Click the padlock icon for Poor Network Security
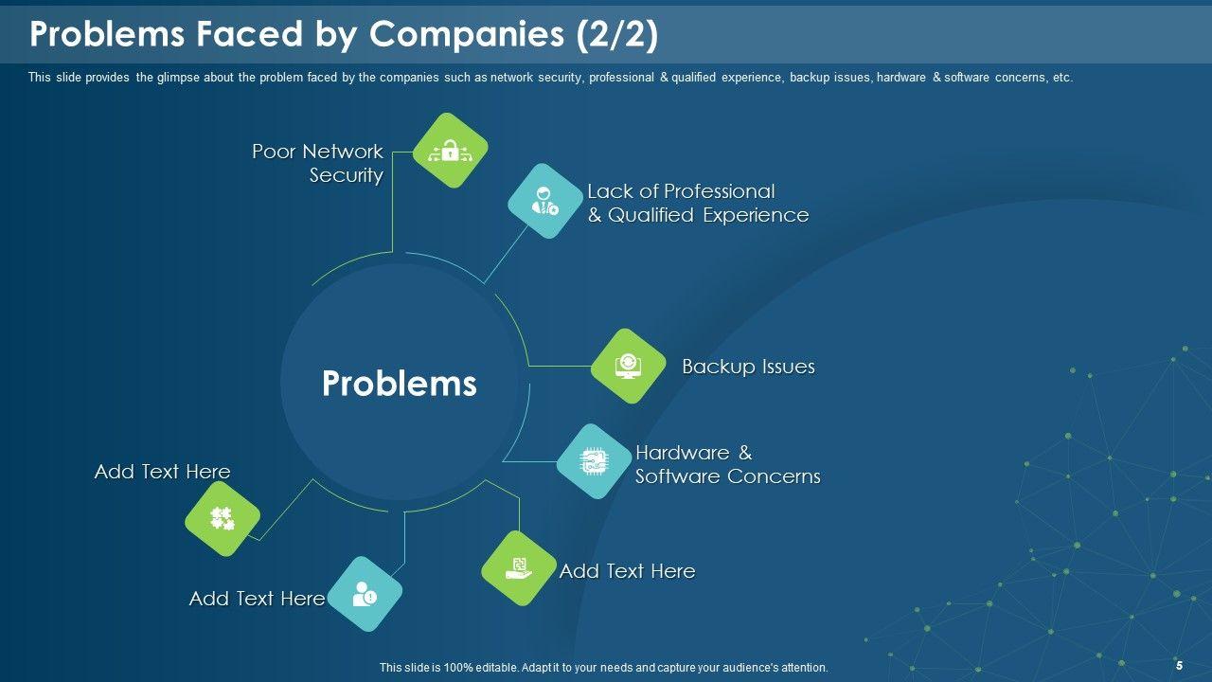click(451, 151)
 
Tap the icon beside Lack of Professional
click(545, 201)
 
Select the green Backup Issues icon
click(628, 366)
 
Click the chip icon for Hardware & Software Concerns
click(594, 461)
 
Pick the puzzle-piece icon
click(222, 518)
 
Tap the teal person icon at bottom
click(365, 594)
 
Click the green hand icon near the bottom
click(519, 568)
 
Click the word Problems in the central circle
click(399, 383)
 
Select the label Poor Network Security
click(318, 163)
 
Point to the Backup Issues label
click(748, 367)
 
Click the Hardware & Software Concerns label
click(727, 464)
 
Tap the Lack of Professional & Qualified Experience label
click(698, 203)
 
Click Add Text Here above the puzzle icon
click(162, 472)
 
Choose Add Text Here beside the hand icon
click(627, 571)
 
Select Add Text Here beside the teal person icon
click(257, 599)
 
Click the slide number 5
click(1179, 666)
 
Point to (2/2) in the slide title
click(616, 34)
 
